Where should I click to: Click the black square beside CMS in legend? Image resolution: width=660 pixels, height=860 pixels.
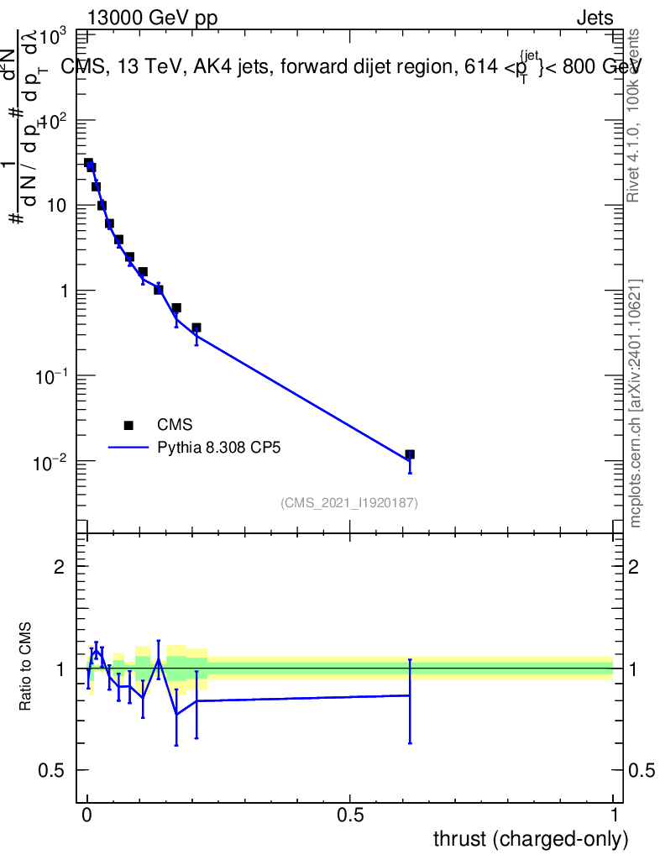click(128, 425)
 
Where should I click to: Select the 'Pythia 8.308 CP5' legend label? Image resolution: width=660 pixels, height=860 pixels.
click(218, 448)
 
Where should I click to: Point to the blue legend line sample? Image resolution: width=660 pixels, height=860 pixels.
click(128, 448)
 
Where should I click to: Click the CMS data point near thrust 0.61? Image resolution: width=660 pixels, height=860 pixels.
click(410, 454)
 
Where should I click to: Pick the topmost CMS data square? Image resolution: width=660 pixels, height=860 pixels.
click(88, 163)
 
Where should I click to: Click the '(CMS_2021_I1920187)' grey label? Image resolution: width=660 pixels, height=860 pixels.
click(349, 502)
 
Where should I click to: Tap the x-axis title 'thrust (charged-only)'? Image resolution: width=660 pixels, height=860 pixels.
click(530, 838)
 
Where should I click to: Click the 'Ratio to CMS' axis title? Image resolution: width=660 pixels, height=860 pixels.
click(26, 668)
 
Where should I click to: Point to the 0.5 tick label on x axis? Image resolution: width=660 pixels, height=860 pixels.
click(350, 815)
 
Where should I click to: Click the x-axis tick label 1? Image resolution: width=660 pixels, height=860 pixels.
click(613, 815)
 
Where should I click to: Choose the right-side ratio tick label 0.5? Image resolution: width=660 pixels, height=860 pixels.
click(640, 771)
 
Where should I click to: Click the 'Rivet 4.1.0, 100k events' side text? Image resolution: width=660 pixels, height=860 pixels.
click(634, 115)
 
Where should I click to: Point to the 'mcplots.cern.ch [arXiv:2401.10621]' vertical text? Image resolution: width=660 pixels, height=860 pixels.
click(636, 403)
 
